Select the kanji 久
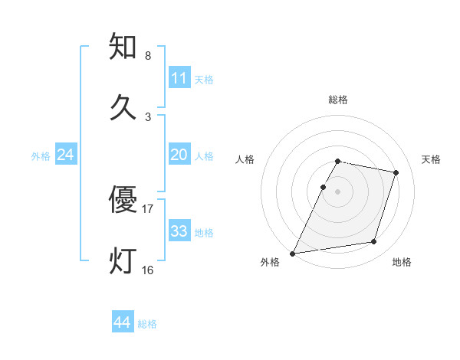[124, 106]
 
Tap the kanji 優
[124, 200]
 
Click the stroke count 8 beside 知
[148, 56]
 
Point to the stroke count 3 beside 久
[148, 116]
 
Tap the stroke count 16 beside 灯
[148, 270]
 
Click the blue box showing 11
[179, 78]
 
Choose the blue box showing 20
[179, 155]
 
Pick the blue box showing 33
[179, 231]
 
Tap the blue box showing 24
[66, 155]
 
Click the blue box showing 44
[123, 322]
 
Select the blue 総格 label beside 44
[147, 324]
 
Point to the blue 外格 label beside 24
[41, 156]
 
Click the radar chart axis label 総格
[338, 100]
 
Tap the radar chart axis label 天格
[432, 159]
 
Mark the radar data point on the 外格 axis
[293, 253]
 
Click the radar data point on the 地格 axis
[374, 242]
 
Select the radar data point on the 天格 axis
[396, 172]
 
